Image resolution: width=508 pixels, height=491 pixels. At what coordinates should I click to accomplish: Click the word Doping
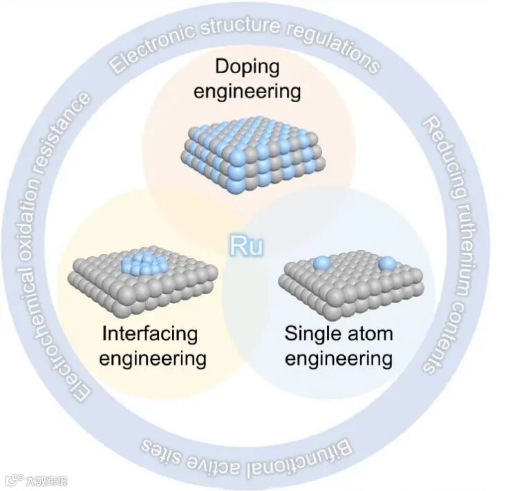(247, 68)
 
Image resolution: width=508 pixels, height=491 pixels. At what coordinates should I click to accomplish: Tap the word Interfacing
(150, 334)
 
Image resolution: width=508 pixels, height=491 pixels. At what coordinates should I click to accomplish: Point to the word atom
(370, 334)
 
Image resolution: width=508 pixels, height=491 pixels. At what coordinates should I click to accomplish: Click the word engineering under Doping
(247, 92)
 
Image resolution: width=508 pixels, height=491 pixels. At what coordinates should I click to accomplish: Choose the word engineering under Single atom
(339, 359)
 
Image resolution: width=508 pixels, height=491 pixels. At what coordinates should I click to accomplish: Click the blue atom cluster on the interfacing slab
(142, 262)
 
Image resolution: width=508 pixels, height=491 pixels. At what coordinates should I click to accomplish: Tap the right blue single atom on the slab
(388, 263)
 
